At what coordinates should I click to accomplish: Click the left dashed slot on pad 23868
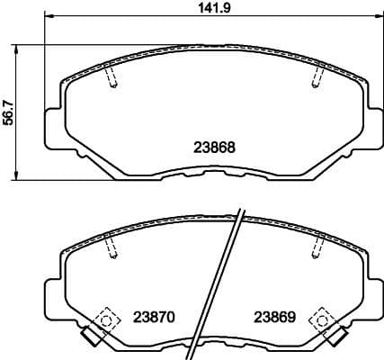pos(110,77)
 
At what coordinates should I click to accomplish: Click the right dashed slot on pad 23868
pos(316,77)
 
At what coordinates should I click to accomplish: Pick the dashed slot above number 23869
pos(317,247)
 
